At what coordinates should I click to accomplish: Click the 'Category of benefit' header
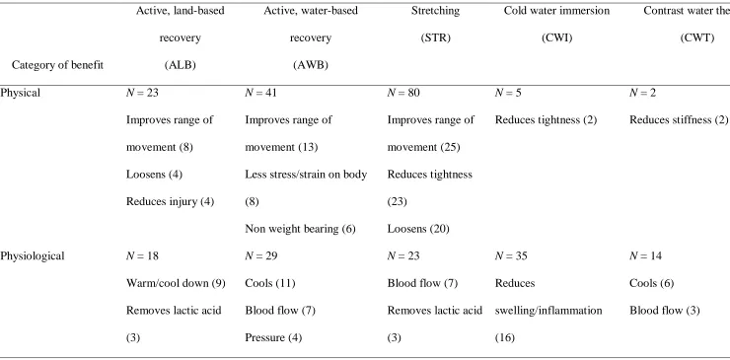coord(58,65)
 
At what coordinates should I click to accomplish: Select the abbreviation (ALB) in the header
coord(181,65)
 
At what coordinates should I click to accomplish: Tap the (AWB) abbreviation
coord(311,65)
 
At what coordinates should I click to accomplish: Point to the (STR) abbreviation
coord(435,38)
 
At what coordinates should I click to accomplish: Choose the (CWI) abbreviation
coord(556,38)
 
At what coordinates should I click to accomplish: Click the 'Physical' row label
coord(20,93)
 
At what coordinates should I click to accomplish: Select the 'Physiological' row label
coord(33,255)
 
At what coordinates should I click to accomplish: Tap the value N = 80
coord(403,93)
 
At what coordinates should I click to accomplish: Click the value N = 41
coord(260,93)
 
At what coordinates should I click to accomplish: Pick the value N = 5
coord(508,93)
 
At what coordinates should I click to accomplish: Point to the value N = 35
coord(511,255)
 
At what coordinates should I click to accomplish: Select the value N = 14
coord(645,255)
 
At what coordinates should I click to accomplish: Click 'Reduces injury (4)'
coord(170,201)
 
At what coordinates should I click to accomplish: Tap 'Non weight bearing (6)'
coord(300,229)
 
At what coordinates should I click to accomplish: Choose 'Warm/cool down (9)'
coord(176,283)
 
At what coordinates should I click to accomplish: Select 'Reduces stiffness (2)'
coord(679,119)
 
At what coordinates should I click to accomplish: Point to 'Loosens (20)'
coord(418,229)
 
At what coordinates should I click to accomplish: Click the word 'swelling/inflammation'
coord(548,310)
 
